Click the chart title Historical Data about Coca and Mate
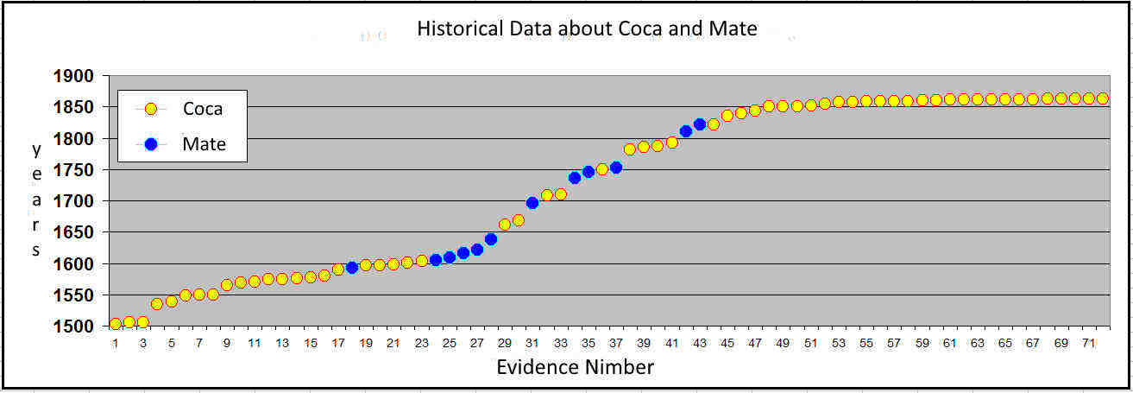[587, 29]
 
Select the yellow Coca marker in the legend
[151, 109]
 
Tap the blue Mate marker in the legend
[151, 144]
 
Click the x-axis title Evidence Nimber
[575, 368]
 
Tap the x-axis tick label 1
[116, 344]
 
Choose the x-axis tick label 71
[1088, 344]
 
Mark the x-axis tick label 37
[615, 344]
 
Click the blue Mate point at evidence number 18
[351, 268]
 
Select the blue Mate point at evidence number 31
[532, 203]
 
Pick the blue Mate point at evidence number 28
[491, 239]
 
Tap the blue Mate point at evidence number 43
[700, 124]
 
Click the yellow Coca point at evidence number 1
[116, 324]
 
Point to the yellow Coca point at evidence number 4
[157, 304]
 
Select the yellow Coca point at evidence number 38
[630, 149]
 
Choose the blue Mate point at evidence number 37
[616, 168]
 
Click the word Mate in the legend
[204, 144]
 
